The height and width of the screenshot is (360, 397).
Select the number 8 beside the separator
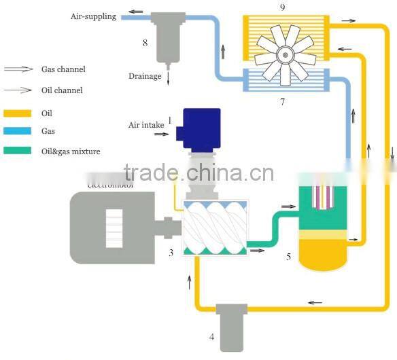click(145, 43)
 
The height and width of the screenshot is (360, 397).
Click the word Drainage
click(143, 76)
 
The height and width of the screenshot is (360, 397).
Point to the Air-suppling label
click(93, 16)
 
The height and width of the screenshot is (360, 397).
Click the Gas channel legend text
click(63, 69)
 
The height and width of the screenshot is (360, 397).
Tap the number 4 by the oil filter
click(211, 336)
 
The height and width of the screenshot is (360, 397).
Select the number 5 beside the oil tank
click(289, 257)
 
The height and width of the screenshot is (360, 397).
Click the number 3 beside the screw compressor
click(171, 253)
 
